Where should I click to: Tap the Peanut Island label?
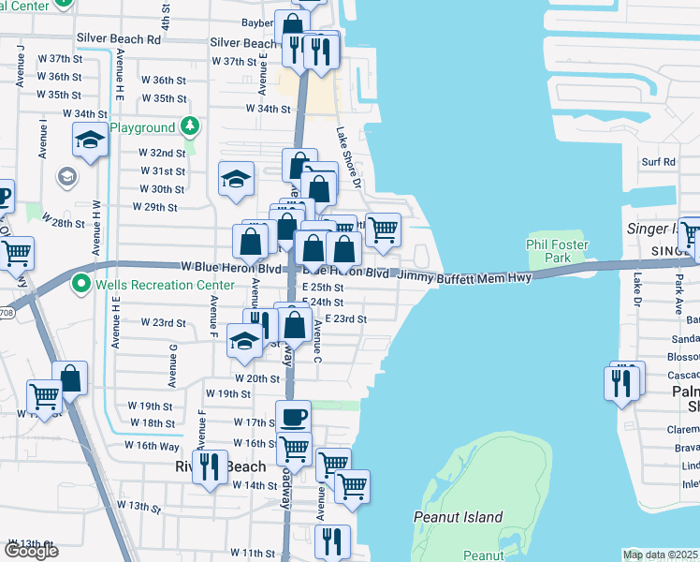459,517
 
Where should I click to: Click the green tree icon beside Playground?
189,126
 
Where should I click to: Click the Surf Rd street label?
658,162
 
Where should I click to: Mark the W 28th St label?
64,224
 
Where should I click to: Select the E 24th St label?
328,303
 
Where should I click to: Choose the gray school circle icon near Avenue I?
67,176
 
